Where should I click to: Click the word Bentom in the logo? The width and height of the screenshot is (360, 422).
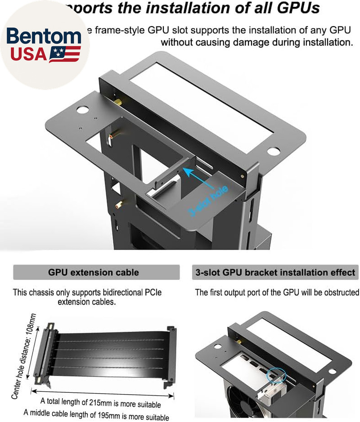click(x=44, y=36)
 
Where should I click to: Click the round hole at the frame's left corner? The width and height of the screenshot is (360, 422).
click(x=83, y=109)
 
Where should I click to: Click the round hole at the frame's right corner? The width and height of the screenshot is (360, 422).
click(x=273, y=151)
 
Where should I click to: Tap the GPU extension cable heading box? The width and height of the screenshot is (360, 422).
click(x=94, y=272)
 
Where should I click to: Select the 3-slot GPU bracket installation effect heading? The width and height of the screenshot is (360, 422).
click(x=275, y=272)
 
